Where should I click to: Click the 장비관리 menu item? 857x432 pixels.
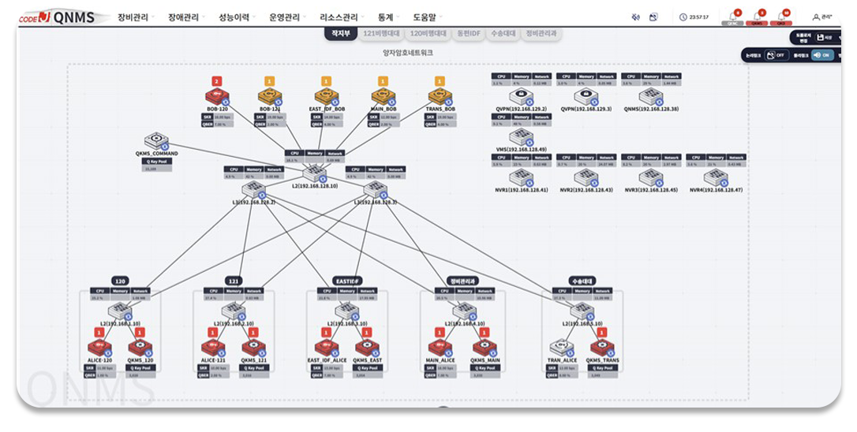pos(134,17)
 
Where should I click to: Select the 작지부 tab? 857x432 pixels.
pos(341,34)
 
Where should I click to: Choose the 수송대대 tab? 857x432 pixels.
pos(502,34)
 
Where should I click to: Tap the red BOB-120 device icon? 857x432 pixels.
pos(216,96)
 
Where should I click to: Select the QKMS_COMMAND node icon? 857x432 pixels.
pos(156,140)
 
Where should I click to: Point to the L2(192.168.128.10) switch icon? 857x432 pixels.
pos(314,173)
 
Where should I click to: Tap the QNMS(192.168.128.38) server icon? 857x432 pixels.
pos(650,96)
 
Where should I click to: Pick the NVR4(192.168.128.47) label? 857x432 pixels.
pos(716,190)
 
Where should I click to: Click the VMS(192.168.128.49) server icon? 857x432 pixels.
pos(521,137)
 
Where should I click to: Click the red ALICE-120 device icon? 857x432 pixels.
pos(100,348)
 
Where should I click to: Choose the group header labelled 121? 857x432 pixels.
pos(234,281)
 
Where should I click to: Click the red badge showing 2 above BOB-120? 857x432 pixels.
pos(216,81)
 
